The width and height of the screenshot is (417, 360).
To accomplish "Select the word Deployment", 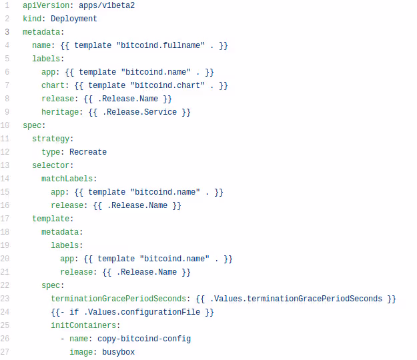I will [73, 19].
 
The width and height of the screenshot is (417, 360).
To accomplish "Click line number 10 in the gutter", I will [5, 125].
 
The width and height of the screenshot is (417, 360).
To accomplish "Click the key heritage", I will [62, 112].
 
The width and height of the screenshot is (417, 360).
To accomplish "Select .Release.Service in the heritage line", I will [139, 112].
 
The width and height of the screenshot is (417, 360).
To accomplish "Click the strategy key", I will [53, 139].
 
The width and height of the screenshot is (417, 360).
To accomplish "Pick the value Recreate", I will [87, 152].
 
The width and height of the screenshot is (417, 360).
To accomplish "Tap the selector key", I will [53, 165].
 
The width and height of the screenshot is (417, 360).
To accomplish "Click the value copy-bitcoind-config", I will [143, 339].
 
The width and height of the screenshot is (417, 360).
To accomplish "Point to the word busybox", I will [118, 352].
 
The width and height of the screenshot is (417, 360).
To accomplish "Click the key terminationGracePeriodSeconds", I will [120, 299].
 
